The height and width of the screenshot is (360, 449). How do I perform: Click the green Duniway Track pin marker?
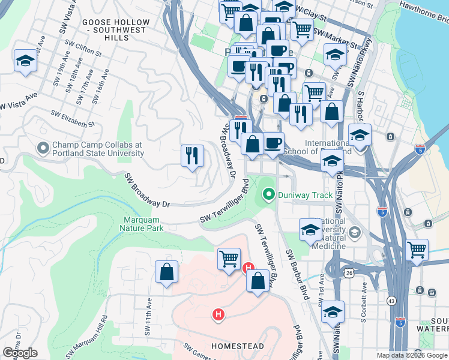[x=268, y=194]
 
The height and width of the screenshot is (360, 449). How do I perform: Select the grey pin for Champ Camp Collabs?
[x=43, y=147]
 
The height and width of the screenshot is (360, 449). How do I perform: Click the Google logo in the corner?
[x=20, y=353]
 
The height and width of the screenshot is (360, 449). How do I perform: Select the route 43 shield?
[x=391, y=300]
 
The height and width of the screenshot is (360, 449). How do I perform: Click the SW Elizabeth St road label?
[x=73, y=119]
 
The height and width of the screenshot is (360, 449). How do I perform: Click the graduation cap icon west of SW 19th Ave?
[x=26, y=61]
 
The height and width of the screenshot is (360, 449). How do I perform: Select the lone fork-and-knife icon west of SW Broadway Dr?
[x=193, y=156]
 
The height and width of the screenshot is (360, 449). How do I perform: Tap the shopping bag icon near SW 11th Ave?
[x=166, y=272]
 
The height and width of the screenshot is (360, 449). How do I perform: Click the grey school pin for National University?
[x=354, y=232]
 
